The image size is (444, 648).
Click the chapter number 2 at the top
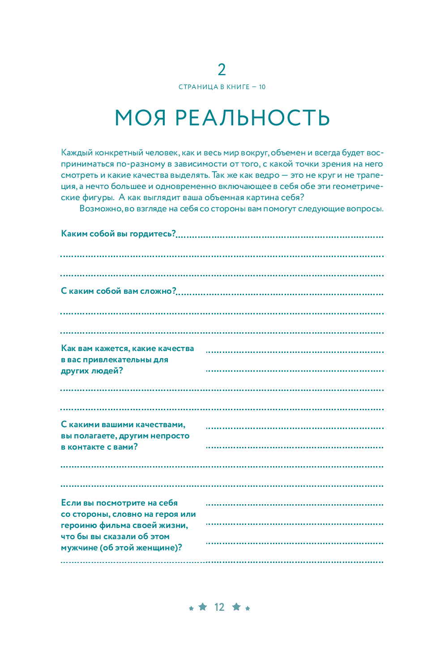tap(222, 70)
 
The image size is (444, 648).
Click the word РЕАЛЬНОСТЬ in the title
tap(252, 118)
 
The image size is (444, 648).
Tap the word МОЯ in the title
tap(141, 118)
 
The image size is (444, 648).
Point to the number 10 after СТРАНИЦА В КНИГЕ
tap(262, 87)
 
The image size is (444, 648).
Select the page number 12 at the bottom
tap(219, 607)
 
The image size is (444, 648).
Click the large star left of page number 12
tap(203, 607)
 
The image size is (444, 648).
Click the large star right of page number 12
tap(236, 607)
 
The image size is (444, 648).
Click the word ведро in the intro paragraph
tap(267, 175)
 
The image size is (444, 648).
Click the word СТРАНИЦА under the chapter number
tap(198, 87)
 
